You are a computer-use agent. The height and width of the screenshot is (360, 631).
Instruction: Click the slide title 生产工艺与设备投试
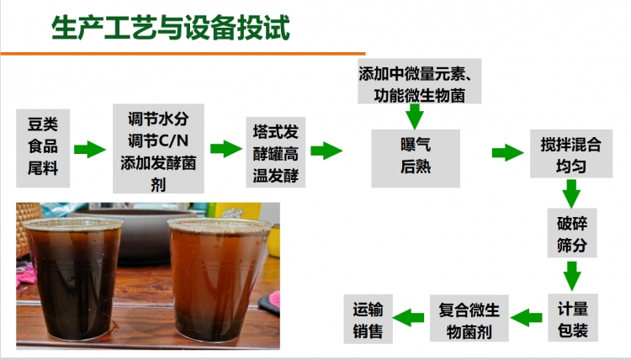click(171, 28)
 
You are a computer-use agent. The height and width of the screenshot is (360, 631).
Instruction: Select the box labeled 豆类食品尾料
click(43, 148)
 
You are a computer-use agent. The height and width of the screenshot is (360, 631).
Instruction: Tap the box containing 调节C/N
click(158, 148)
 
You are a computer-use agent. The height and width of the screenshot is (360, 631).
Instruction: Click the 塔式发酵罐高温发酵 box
click(276, 152)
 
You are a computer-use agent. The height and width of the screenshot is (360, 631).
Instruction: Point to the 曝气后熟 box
click(416, 158)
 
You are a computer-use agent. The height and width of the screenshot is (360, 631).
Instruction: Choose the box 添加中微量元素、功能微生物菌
click(419, 82)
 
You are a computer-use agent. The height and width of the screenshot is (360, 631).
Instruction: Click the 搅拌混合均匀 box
click(571, 154)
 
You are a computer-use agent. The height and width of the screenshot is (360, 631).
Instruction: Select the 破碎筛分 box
click(572, 233)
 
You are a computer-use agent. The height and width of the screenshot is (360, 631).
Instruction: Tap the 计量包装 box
click(573, 318)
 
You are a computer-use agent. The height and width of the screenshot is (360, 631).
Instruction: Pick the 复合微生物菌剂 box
click(469, 319)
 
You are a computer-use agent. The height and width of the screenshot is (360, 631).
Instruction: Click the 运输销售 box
click(368, 319)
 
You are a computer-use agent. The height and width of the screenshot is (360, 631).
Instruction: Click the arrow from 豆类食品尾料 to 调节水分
click(90, 150)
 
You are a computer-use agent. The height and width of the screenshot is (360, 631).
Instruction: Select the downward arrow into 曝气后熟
click(415, 117)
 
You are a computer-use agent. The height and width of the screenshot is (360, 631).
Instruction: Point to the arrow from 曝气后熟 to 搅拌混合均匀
click(507, 153)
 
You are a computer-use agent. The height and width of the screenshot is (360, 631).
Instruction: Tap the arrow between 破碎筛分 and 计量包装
click(572, 276)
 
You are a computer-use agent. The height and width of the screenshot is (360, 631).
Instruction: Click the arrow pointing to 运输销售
click(408, 318)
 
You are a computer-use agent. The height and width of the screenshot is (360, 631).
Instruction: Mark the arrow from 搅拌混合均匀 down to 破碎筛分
click(571, 193)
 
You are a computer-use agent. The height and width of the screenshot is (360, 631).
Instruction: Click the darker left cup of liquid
click(73, 278)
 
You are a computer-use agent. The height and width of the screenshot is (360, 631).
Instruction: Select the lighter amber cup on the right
click(219, 279)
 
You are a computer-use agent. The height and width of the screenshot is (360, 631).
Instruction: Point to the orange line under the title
click(183, 53)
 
